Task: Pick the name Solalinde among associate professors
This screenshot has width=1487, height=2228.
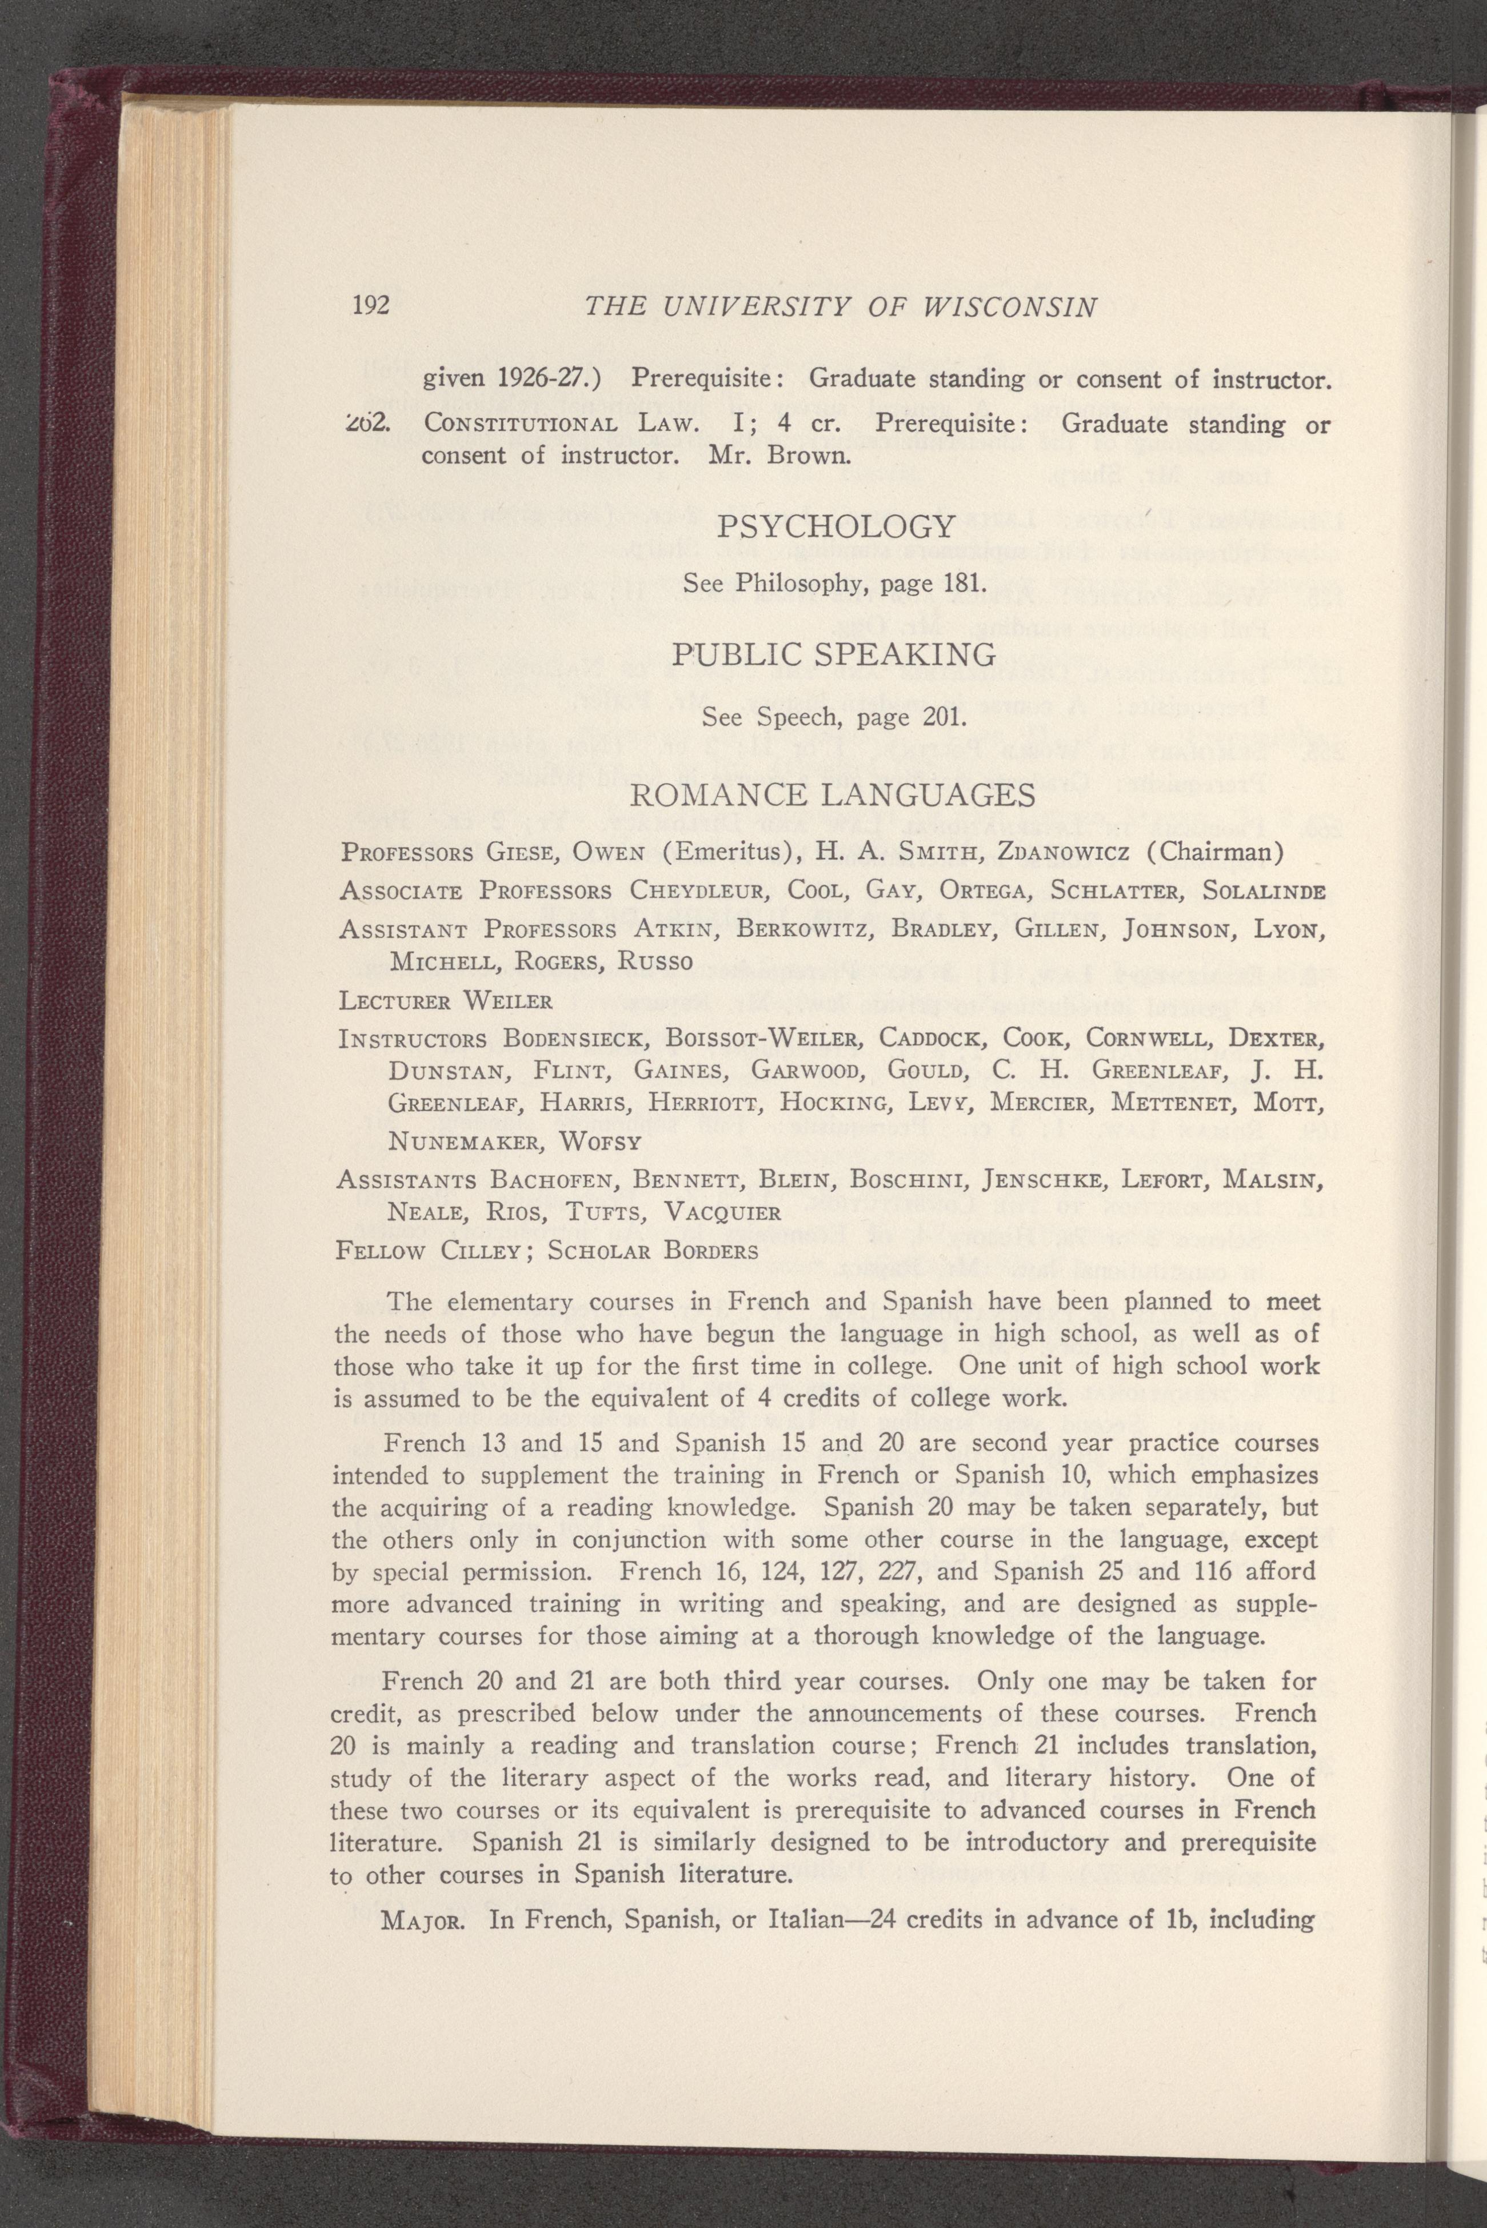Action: click(1261, 893)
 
